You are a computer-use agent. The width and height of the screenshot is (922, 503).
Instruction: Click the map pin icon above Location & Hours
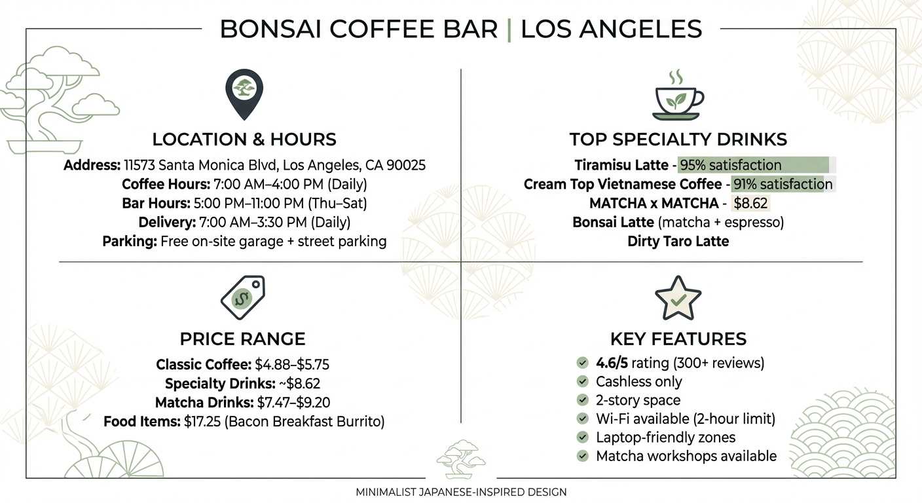(244, 94)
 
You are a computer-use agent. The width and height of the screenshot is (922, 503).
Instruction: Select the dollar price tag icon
(242, 297)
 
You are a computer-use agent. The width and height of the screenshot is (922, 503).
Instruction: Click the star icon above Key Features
(678, 298)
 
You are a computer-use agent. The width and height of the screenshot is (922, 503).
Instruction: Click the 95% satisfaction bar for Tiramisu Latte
(754, 165)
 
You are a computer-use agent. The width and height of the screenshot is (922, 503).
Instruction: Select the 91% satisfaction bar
(781, 184)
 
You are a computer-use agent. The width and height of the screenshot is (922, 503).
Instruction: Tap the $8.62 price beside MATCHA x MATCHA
(750, 203)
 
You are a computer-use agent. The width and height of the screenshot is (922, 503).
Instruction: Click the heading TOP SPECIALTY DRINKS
(678, 140)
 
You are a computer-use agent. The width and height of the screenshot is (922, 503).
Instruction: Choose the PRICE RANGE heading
(242, 339)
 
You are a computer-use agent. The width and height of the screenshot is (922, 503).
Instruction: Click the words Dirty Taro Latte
(678, 241)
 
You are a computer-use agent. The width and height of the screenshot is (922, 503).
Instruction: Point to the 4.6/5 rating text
(612, 363)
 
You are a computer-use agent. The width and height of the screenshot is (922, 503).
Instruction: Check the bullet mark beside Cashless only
(581, 382)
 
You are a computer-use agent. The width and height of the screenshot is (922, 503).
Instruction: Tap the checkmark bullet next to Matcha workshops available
(581, 456)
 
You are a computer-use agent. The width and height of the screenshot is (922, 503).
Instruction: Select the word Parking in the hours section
(129, 241)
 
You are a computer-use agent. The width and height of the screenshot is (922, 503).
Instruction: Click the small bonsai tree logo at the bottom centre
(460, 459)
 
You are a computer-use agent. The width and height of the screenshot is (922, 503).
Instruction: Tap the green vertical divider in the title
(509, 29)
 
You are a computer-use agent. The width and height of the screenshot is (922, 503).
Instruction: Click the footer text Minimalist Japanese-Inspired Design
(461, 492)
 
